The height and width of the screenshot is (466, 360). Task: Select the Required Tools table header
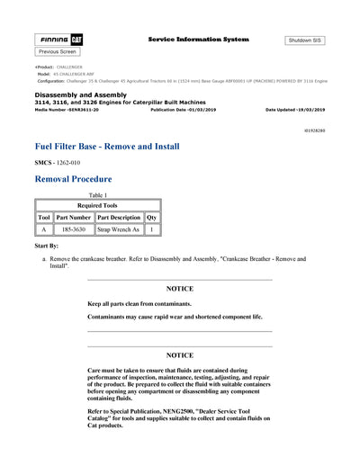coord(97,205)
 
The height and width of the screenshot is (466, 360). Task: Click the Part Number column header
coord(73,218)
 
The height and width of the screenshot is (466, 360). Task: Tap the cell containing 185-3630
coord(73,229)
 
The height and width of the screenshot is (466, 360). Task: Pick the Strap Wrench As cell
coord(118,229)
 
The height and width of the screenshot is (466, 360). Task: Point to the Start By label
coord(48,245)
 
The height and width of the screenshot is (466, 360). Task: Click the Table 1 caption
coord(97,194)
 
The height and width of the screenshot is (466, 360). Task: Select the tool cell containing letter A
coord(43,229)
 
